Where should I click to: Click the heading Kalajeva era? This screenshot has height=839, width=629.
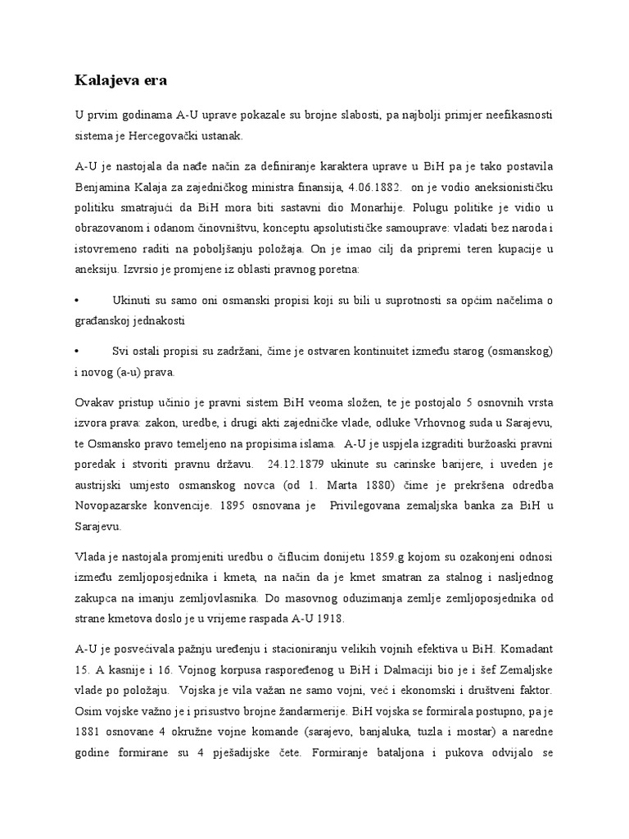click(x=120, y=80)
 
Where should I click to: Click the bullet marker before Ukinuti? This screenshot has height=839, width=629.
click(x=77, y=301)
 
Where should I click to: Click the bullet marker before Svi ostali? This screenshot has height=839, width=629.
click(x=77, y=351)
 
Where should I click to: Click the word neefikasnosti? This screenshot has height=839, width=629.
click(x=514, y=117)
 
